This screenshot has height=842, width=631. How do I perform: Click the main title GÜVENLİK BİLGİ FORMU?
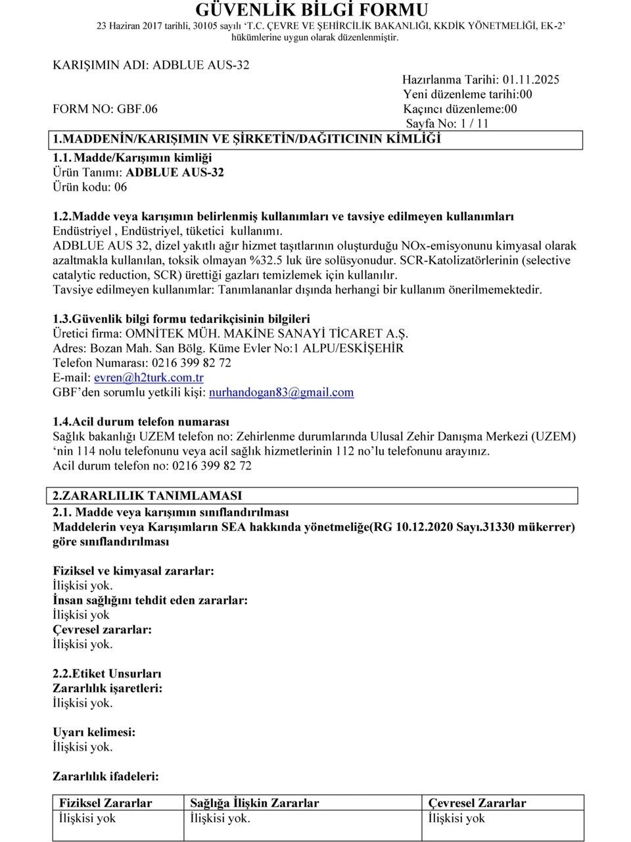(312, 10)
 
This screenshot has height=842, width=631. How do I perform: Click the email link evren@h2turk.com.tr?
(149, 378)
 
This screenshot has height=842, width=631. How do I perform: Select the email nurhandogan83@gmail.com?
(281, 393)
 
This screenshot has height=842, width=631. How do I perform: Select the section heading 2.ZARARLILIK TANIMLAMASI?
(147, 495)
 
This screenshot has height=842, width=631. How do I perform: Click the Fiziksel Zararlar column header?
(106, 803)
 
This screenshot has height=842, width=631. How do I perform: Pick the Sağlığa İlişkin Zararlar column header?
(254, 803)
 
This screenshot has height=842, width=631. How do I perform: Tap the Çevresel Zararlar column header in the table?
(477, 803)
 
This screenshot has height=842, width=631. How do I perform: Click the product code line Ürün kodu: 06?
(90, 187)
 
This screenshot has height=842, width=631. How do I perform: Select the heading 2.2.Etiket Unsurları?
(106, 674)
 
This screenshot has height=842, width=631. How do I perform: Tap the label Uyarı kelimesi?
(94, 732)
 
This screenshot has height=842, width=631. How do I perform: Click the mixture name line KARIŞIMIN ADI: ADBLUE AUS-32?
(151, 65)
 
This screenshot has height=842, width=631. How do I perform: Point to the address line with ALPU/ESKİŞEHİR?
(228, 348)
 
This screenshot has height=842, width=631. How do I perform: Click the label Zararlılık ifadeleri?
(105, 776)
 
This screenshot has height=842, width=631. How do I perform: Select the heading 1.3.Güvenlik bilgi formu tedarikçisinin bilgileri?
(181, 319)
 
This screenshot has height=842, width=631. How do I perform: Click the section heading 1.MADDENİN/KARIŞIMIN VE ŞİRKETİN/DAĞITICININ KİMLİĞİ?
(246, 139)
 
